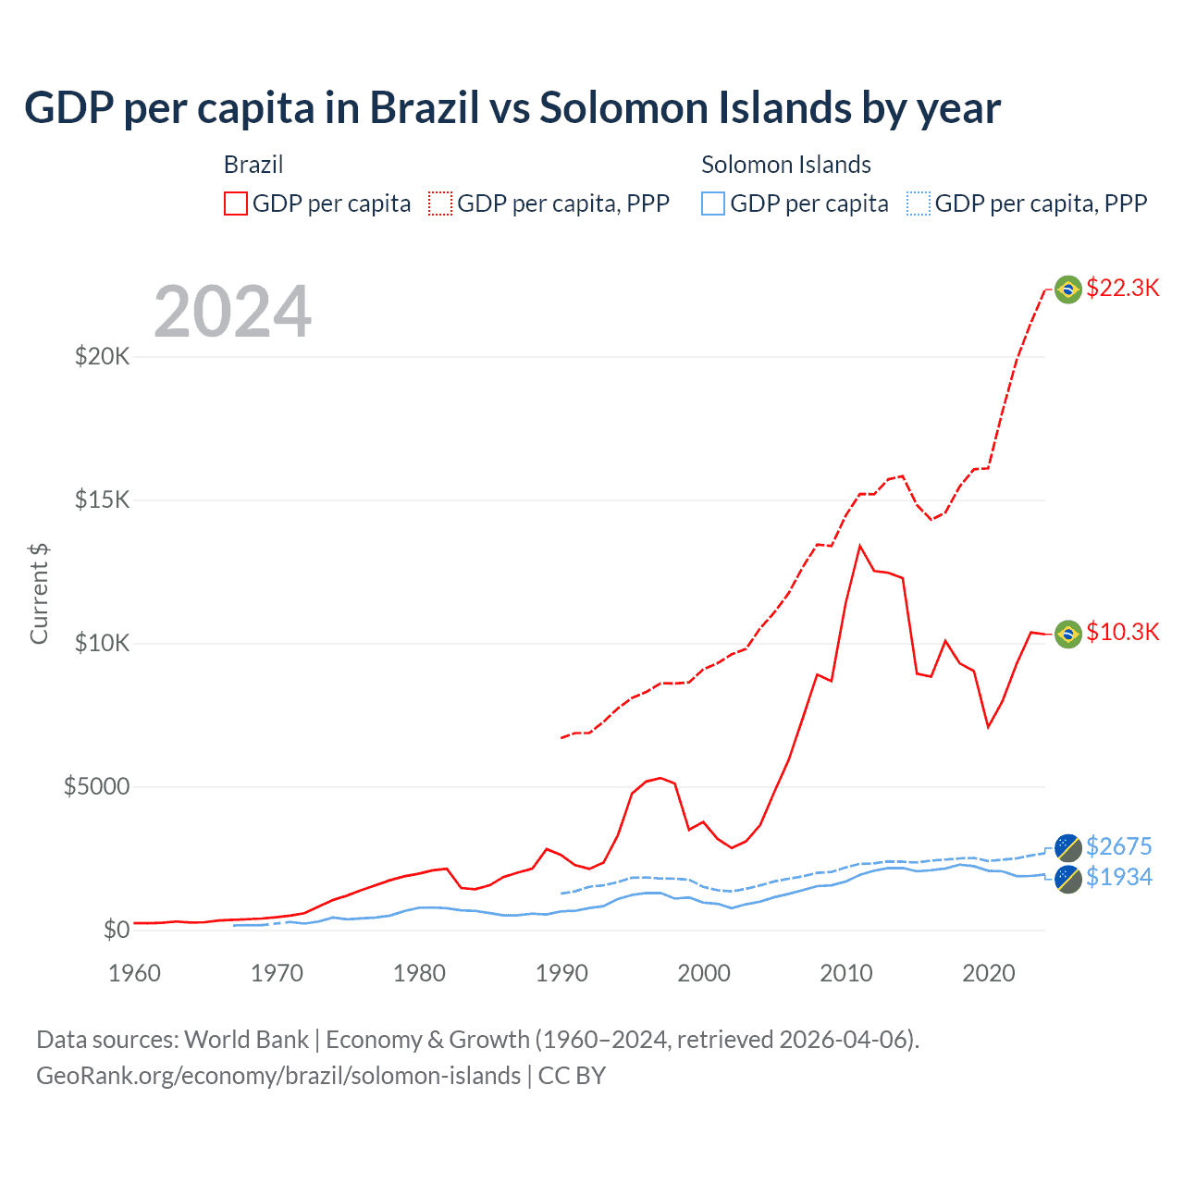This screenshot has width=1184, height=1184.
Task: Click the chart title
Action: [x=512, y=108]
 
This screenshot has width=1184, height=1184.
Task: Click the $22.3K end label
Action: [x=1122, y=288]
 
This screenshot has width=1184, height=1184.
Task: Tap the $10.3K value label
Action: [x=1122, y=632]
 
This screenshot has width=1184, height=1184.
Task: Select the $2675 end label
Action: [x=1118, y=846]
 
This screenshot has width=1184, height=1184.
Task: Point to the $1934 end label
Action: [x=1118, y=877]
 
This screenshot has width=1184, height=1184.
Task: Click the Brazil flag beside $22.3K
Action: [x=1068, y=290]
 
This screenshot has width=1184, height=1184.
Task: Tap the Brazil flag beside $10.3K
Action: [x=1068, y=634]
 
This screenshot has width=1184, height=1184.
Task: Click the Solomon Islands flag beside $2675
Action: [x=1068, y=847]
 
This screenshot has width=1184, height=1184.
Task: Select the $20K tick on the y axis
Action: [x=102, y=356]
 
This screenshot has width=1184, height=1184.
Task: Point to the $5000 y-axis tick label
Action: [x=96, y=786]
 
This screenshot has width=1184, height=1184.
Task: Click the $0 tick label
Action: [x=116, y=930]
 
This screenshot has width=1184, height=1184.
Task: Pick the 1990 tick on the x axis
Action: [x=561, y=973]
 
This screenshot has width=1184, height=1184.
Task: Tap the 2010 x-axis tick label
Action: [x=846, y=973]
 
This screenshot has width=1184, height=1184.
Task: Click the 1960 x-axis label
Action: [x=135, y=973]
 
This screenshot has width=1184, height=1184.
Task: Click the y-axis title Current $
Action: [x=39, y=594]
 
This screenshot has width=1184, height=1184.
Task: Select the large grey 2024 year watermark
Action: [x=232, y=312]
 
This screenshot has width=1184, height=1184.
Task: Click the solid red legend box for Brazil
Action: [x=236, y=203]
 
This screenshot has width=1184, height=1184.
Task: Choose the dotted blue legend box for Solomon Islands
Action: [x=919, y=203]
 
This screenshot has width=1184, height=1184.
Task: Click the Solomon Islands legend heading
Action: [x=785, y=165]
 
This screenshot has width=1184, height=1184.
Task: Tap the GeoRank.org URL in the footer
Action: [x=277, y=1076]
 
